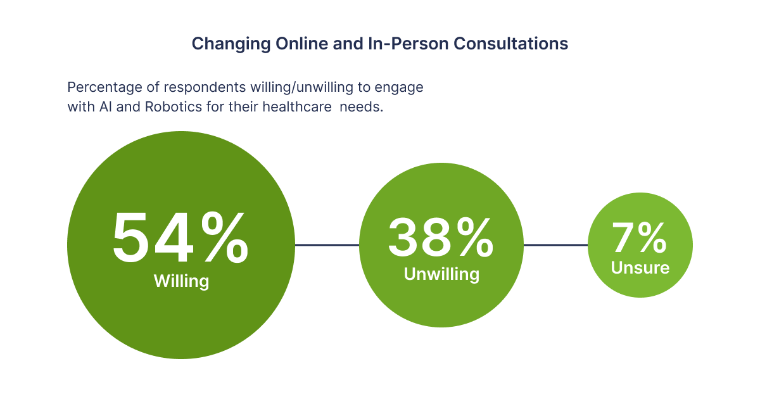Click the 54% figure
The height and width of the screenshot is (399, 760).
click(180, 237)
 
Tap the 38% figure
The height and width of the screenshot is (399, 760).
click(441, 237)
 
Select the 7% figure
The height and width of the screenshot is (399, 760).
click(639, 237)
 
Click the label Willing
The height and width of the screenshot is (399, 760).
click(182, 281)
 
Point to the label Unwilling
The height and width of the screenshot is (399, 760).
click(441, 274)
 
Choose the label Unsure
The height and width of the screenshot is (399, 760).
click(640, 268)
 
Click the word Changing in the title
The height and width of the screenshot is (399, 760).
click(231, 44)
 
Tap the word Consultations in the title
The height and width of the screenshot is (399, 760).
click(510, 44)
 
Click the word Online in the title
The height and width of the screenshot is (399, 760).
click(301, 44)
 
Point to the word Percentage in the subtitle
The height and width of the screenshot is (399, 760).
click(104, 87)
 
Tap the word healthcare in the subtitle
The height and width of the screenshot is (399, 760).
click(297, 107)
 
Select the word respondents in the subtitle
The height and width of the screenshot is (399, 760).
click(205, 88)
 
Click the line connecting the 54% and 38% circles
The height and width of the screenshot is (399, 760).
click(327, 244)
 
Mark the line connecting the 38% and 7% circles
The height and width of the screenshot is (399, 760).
click(556, 244)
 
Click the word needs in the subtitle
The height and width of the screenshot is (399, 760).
click(362, 107)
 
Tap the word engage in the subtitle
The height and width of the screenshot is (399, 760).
click(398, 88)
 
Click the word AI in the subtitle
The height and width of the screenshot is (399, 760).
click(106, 107)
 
